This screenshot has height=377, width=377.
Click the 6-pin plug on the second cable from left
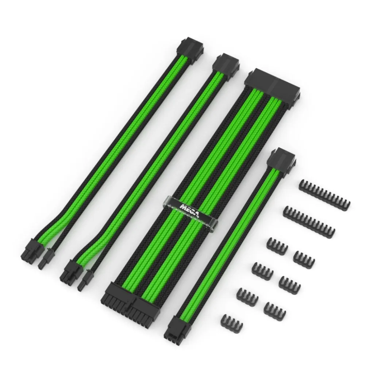71,273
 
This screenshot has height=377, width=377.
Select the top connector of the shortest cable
282,159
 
